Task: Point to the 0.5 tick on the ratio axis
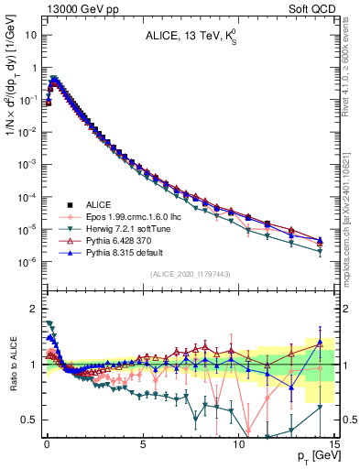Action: click(30, 420)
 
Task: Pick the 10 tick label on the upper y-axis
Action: click(31, 35)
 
